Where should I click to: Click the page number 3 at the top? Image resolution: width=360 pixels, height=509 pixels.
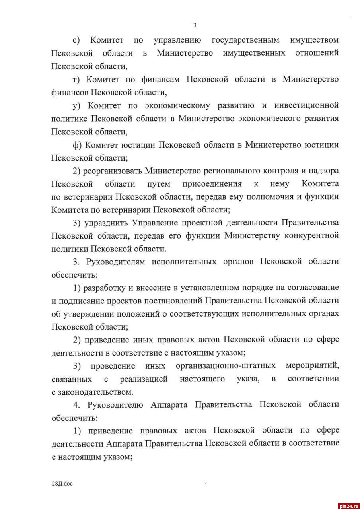pos(195,25)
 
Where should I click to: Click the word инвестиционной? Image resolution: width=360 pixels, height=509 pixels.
pos(306,105)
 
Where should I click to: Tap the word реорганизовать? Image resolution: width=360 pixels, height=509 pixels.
pos(113,171)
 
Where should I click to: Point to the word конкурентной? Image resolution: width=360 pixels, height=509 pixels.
pos(311,235)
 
